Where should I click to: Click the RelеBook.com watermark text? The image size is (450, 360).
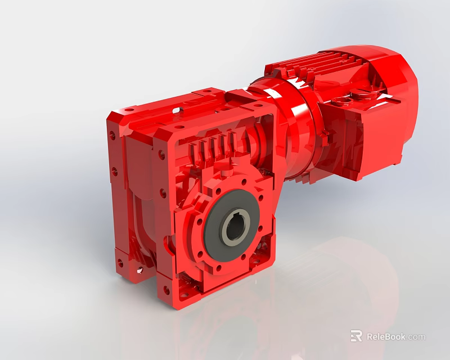tap(396, 337)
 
